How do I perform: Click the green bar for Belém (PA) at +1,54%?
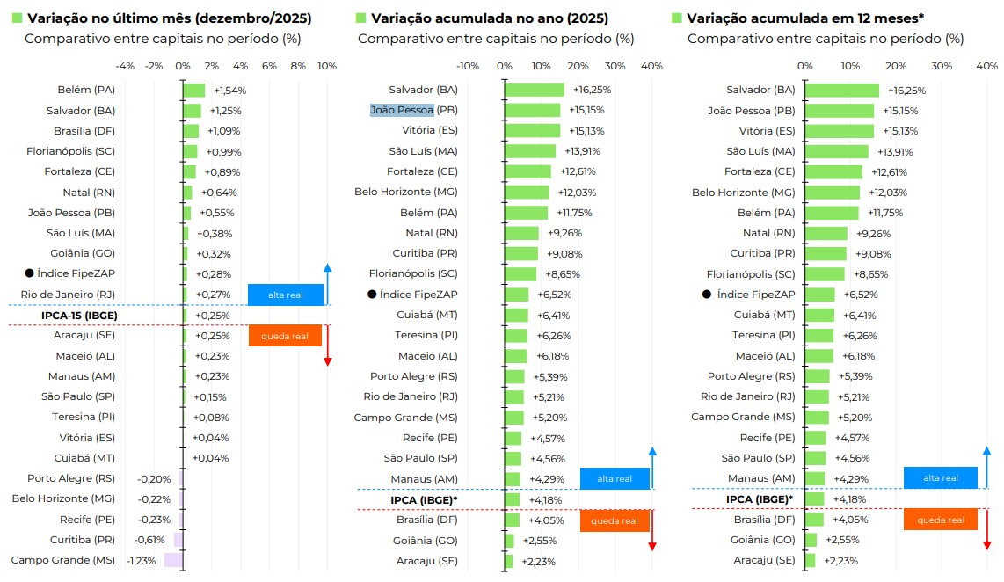point(194,91)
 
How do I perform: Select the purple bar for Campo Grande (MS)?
point(173,560)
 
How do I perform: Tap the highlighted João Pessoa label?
point(402,110)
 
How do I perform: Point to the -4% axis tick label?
point(125,66)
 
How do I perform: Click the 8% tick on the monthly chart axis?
point(298,66)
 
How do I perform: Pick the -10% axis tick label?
point(468,66)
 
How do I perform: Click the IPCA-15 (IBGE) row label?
point(79,315)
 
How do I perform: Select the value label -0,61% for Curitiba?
point(149,540)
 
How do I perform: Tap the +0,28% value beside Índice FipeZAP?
point(214,274)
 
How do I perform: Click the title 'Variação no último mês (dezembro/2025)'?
point(169,18)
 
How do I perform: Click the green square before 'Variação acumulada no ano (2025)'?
point(360,18)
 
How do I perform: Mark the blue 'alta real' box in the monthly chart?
point(286,295)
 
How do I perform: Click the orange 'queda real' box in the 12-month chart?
point(940,520)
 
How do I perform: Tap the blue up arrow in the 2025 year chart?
point(652,467)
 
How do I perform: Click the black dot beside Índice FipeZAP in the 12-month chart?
point(706,295)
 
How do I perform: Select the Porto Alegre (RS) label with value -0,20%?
point(71,478)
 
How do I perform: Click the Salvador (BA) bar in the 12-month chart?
point(841,91)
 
